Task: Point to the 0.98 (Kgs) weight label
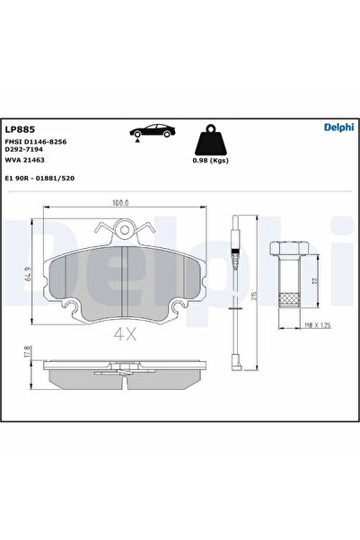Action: tap(209, 162)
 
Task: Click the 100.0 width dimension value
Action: tap(120, 204)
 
